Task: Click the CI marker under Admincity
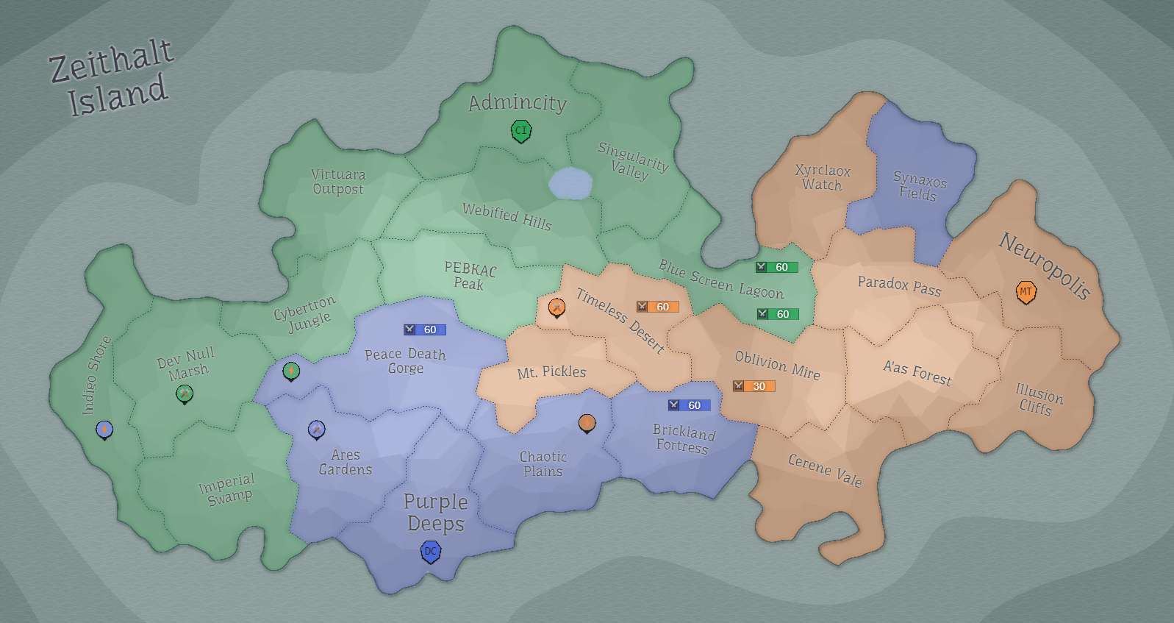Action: pos(521,132)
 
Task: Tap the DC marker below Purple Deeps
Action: pos(431,551)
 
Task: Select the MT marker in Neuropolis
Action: pos(1026,292)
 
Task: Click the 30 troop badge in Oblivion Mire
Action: pos(754,386)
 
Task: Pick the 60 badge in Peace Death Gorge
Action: pos(424,330)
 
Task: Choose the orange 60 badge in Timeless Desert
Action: pos(657,307)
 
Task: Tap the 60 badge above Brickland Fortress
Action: pos(689,405)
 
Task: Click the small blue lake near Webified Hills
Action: pos(570,183)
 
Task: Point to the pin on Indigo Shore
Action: pos(105,429)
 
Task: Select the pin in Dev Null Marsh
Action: pos(185,394)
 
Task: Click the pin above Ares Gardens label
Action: pos(316,429)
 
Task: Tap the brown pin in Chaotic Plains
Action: pos(587,423)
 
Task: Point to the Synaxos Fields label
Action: pos(919,186)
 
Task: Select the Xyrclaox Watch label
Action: pos(822,178)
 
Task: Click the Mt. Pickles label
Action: pos(551,372)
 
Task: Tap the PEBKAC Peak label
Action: pos(470,276)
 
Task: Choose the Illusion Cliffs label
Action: pos(1038,399)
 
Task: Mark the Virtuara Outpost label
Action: pos(338,182)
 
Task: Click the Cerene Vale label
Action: pos(824,470)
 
